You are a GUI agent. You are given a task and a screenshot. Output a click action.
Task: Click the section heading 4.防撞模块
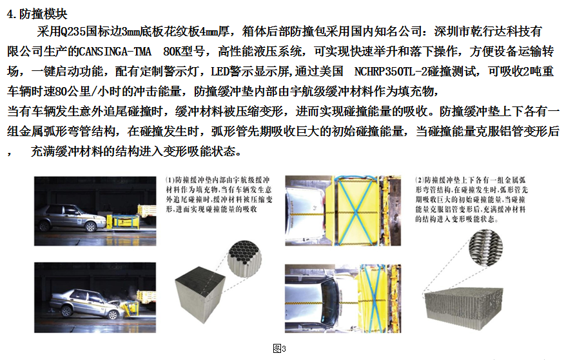pos(37,14)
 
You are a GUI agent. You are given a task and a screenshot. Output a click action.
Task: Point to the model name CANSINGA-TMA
pos(115,52)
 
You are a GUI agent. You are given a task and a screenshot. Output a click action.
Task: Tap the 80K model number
pos(174,52)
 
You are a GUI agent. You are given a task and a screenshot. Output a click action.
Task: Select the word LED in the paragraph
pos(220,71)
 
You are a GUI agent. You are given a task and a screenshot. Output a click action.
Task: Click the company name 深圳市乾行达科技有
pos(488,32)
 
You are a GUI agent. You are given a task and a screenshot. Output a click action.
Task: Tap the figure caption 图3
pos(279,348)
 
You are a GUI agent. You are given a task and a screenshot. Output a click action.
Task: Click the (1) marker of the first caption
pos(170,180)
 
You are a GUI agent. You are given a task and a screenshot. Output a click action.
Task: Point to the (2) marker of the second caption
pos(420,180)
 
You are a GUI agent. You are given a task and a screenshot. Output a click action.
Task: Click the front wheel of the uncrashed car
pos(90,226)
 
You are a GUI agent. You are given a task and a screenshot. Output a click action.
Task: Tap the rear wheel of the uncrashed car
pos(44,226)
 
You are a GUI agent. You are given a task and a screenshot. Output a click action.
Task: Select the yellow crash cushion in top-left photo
pos(124,221)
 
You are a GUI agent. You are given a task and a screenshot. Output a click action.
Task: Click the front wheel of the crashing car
pos(113,314)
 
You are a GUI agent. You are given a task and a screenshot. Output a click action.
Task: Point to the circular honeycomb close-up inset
pos(244,259)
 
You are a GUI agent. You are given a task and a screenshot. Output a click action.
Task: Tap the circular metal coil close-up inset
pos(485,246)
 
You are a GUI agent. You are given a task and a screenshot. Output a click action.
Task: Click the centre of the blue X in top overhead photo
pos(355,212)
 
